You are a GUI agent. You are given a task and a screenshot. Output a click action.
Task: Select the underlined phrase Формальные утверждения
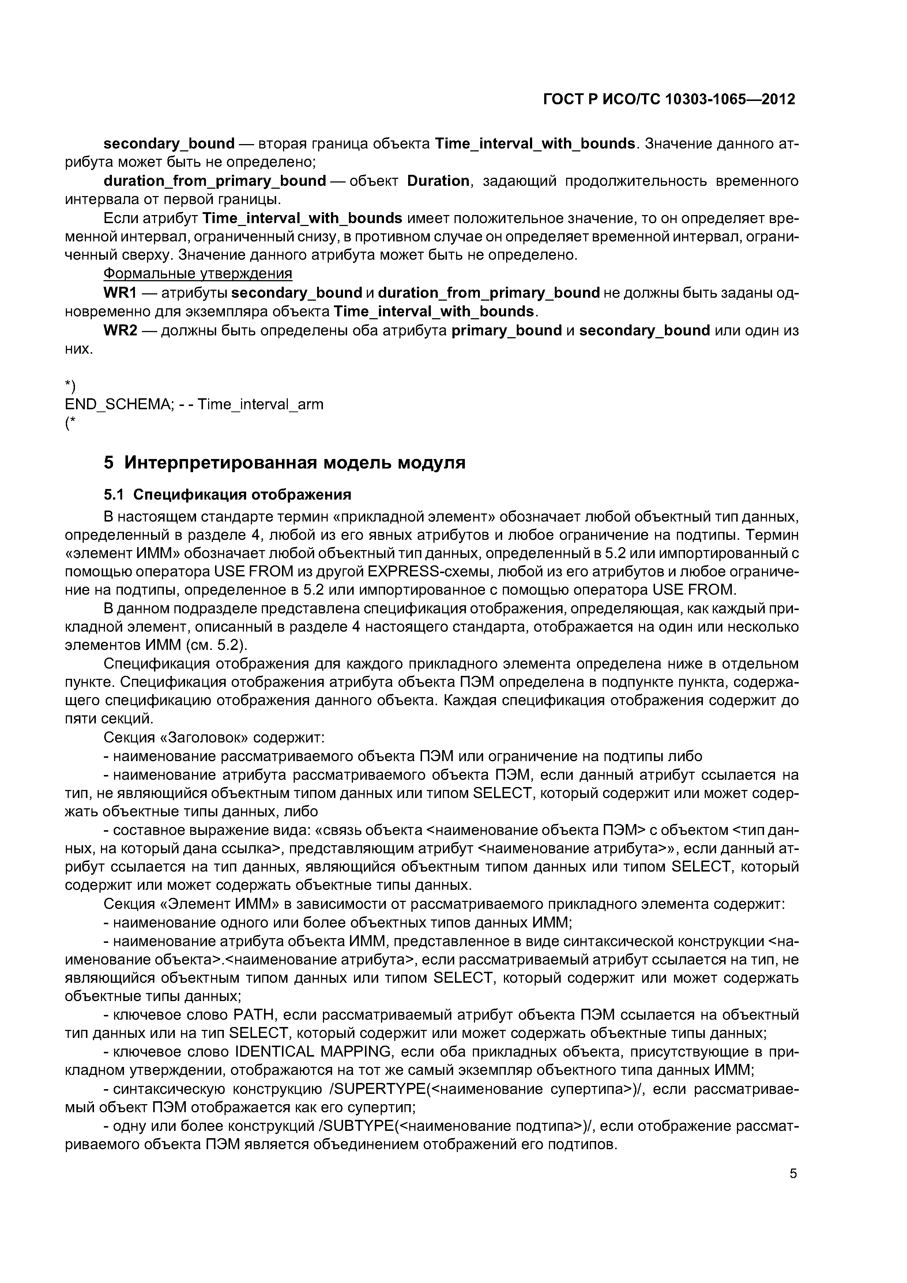(x=198, y=274)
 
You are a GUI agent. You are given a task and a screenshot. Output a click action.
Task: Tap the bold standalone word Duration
(x=438, y=181)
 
